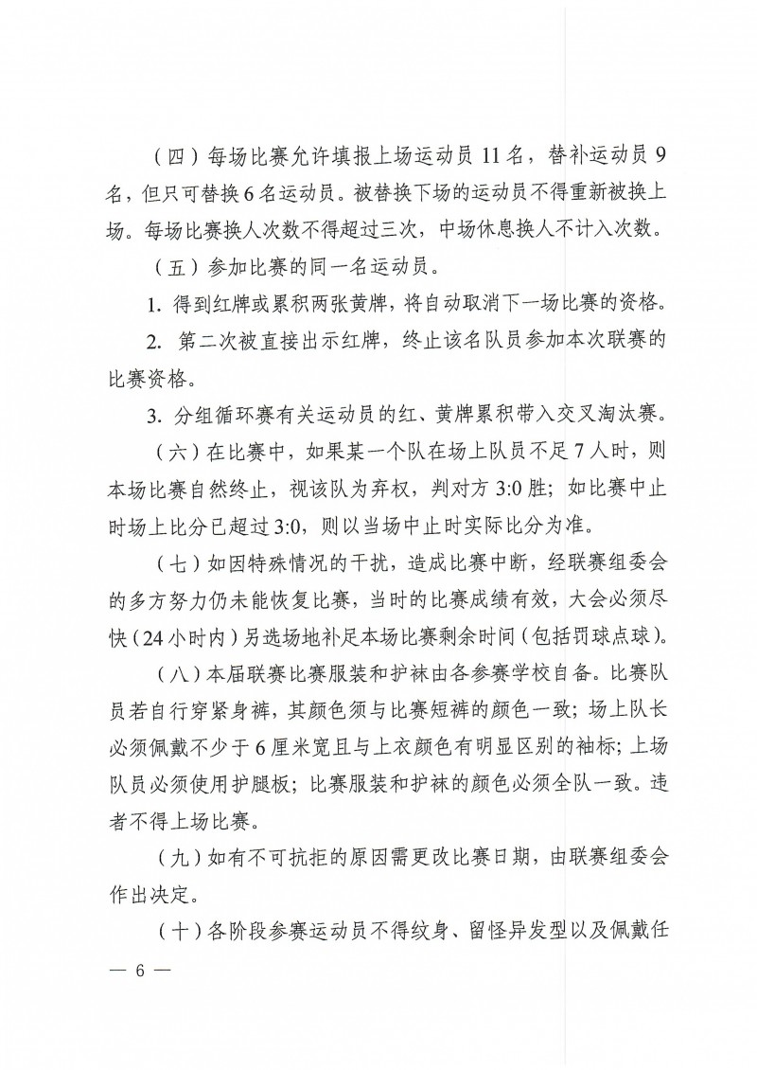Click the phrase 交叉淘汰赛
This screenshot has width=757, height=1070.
coord(602,414)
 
